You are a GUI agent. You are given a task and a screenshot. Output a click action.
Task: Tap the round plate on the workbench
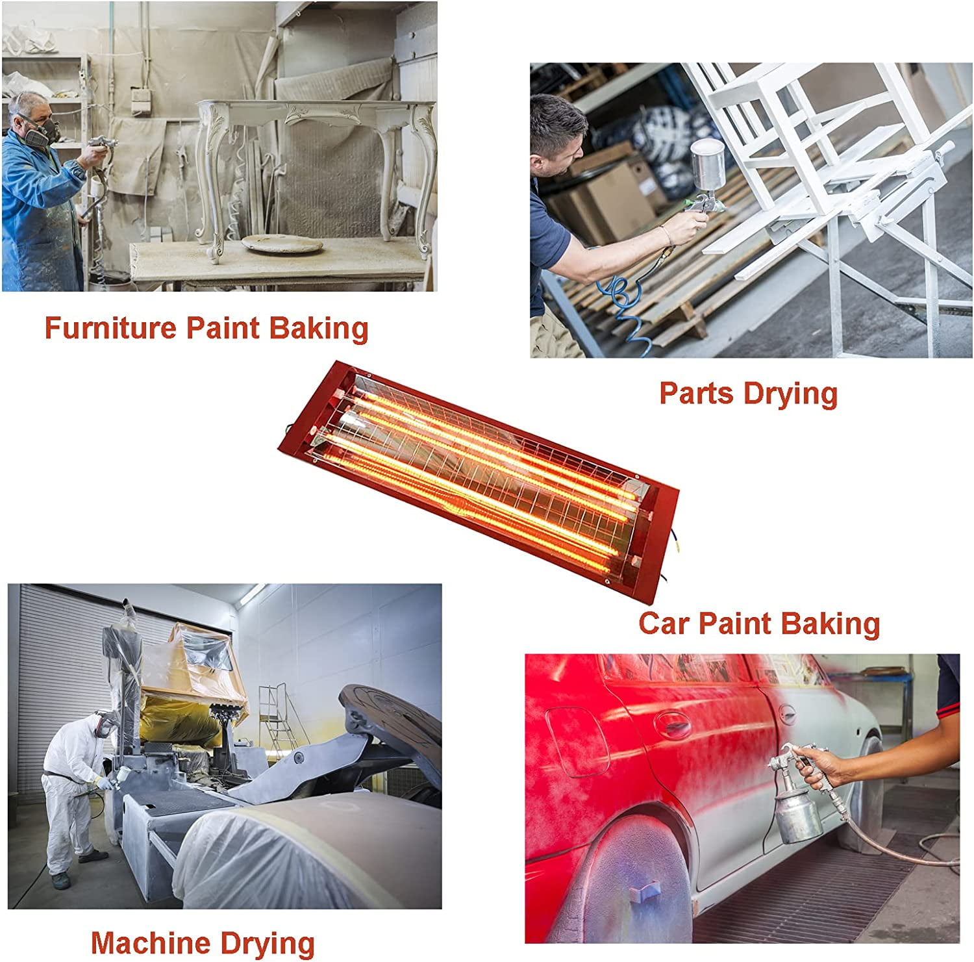click(x=282, y=244)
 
